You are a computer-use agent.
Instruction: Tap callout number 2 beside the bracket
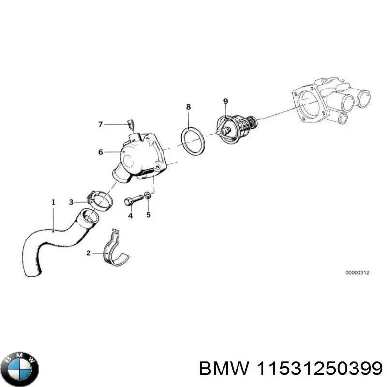pos(89,253)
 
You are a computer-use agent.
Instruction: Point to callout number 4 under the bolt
pos(130,216)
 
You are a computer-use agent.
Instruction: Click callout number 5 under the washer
pos(149,214)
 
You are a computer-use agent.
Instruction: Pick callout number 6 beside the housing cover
pos(100,152)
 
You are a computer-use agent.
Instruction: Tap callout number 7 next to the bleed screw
pos(100,125)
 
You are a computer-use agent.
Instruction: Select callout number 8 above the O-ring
pos(188,106)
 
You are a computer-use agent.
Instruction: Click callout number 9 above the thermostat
pos(225,101)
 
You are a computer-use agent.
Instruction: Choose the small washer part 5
pos(148,196)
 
